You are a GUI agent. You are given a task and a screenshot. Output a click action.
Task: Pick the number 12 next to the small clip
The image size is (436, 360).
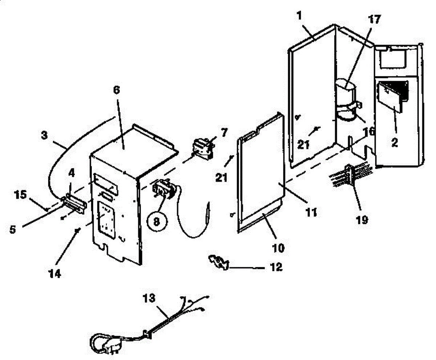tap(275, 267)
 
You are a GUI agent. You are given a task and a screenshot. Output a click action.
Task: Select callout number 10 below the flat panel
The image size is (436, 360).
tap(279, 249)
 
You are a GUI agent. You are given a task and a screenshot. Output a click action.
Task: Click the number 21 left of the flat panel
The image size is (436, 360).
tap(222, 177)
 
